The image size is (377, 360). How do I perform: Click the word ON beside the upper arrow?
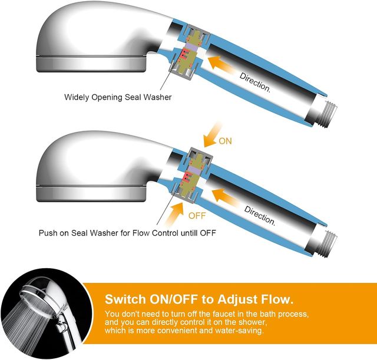click(225, 141)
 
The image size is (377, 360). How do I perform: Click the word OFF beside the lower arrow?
click(197, 216)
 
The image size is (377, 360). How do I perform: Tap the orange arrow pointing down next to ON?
click(211, 135)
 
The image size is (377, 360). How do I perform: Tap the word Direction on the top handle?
click(255, 82)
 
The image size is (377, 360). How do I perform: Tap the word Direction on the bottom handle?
click(260, 216)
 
